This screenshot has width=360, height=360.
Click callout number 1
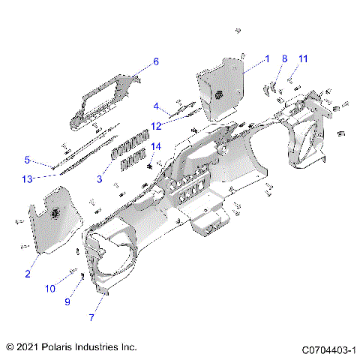pyautogui.click(x=266, y=58)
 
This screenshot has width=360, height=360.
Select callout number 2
pyautogui.click(x=28, y=274)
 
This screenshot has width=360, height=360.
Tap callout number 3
pyautogui.click(x=100, y=178)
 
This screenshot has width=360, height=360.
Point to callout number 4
pyautogui.click(x=156, y=106)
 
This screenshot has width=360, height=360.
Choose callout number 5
pyautogui.click(x=27, y=160)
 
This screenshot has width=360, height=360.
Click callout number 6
pyautogui.click(x=156, y=61)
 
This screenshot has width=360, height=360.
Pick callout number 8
pyautogui.click(x=284, y=58)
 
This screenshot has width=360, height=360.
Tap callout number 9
pyautogui.click(x=67, y=301)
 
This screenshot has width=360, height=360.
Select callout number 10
pyautogui.click(x=50, y=288)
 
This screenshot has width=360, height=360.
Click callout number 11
pyautogui.click(x=303, y=58)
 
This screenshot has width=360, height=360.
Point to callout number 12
pyautogui.click(x=156, y=125)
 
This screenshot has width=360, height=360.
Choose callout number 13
pyautogui.click(x=27, y=178)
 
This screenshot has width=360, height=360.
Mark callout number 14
pyautogui.click(x=156, y=145)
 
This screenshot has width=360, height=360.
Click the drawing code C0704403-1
pyautogui.click(x=328, y=349)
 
